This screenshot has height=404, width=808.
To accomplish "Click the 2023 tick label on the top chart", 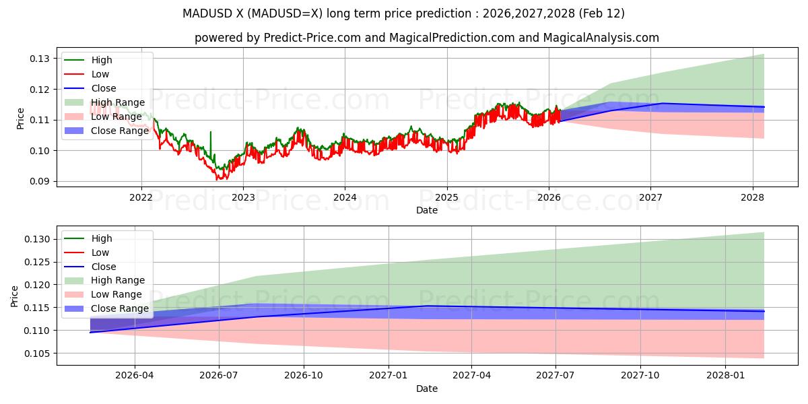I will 243,197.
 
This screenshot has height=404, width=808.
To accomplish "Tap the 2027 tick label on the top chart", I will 650,197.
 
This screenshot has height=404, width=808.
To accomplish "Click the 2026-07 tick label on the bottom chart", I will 220,376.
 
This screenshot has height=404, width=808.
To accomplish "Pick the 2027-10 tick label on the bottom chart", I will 640,376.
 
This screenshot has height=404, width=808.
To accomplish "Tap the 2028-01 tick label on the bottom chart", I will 726,376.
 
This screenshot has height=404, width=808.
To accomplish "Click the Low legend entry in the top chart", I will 100,74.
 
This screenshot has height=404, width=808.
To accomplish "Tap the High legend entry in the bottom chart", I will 102,238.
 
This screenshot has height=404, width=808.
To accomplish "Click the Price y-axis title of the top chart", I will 21,119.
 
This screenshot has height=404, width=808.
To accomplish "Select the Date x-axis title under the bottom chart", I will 427,389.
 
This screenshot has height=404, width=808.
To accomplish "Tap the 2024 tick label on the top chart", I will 345,197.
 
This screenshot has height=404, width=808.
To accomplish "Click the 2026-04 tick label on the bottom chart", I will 135,376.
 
